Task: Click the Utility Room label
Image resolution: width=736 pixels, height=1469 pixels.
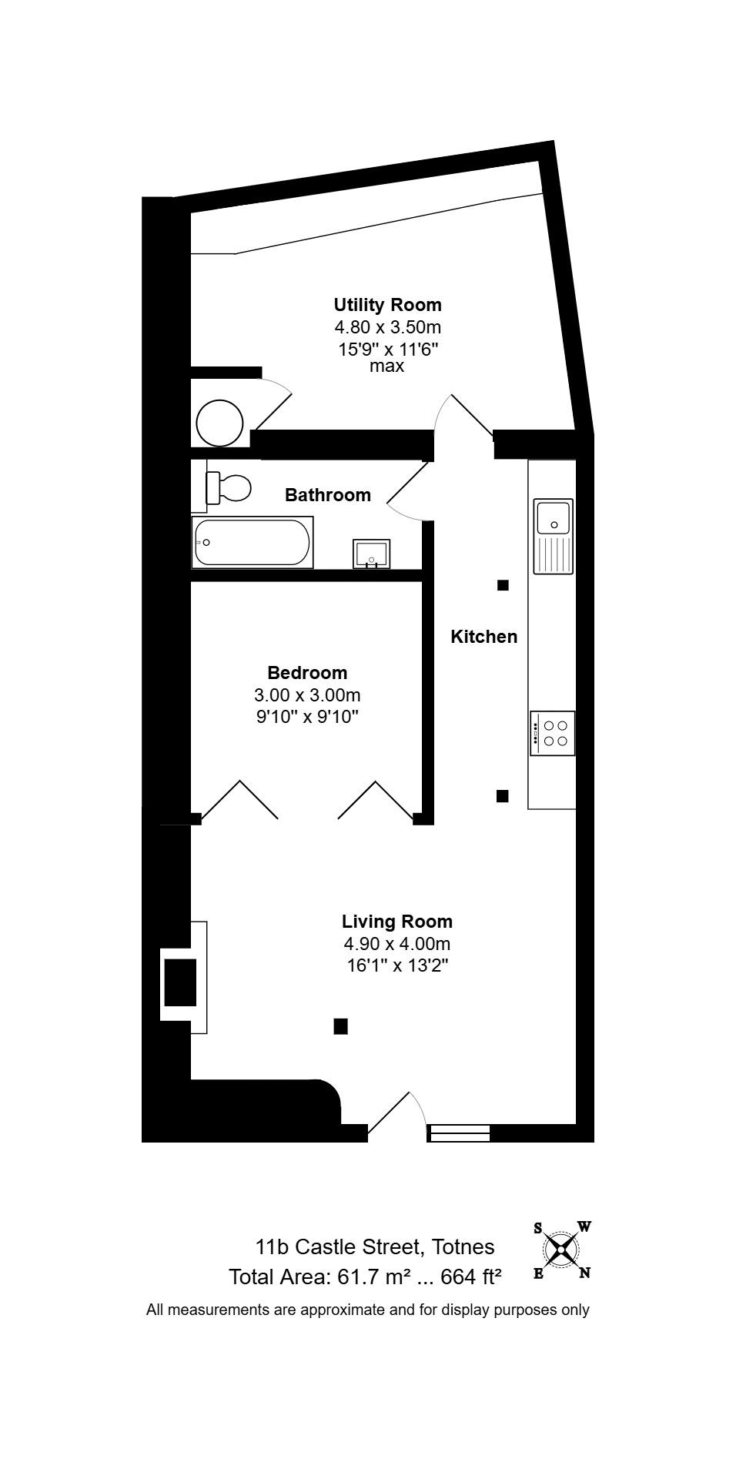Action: (387, 304)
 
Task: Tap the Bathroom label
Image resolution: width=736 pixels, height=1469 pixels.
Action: (328, 494)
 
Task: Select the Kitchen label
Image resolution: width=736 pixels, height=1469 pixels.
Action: (483, 637)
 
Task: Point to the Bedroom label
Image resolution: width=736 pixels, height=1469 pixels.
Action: (307, 673)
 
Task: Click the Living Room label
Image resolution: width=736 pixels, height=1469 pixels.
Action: (397, 922)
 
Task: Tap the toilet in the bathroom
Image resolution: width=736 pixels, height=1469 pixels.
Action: (229, 487)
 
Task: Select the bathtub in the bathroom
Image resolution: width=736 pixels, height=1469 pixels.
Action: (253, 543)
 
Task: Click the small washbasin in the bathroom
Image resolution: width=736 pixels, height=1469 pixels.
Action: (372, 554)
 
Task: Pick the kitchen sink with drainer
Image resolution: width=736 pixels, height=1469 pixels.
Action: (554, 537)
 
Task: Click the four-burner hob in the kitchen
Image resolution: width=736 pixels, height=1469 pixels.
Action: (552, 733)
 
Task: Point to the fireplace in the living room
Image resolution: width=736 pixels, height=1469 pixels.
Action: (183, 977)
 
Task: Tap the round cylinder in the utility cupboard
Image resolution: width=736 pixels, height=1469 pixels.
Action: (219, 423)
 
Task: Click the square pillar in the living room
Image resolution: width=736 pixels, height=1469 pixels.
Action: (340, 1026)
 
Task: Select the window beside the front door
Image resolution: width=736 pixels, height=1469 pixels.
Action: (459, 1133)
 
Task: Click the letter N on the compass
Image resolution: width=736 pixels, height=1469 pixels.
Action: (585, 1273)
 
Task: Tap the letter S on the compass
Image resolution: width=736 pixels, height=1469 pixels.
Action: (537, 1228)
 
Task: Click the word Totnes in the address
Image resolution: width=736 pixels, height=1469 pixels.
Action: (463, 1246)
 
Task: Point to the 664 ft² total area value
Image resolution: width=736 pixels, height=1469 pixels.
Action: (471, 1277)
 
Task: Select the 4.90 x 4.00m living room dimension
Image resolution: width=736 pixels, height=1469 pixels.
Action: (397, 944)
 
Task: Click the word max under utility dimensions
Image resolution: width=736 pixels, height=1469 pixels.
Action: (386, 366)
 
